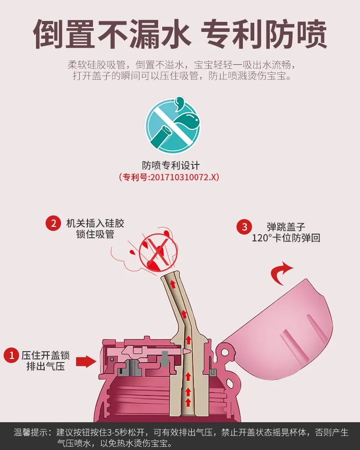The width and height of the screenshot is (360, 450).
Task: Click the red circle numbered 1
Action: click(x=11, y=355)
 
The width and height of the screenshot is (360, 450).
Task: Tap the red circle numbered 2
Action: click(x=53, y=223)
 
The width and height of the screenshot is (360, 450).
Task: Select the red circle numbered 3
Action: click(x=244, y=227)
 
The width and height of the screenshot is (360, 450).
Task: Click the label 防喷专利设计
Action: click(x=170, y=165)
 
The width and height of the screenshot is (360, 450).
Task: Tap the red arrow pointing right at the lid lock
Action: click(x=86, y=361)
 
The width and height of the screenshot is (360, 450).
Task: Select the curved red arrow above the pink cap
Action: click(x=281, y=273)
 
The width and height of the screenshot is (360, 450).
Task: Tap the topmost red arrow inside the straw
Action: click(x=173, y=284)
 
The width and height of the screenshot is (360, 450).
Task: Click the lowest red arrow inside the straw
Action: click(x=188, y=402)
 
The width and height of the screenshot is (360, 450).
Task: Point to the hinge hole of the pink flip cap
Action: click(x=225, y=352)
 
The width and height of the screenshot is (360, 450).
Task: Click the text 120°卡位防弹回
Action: click(x=286, y=238)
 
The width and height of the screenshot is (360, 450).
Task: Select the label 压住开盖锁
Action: click(x=46, y=355)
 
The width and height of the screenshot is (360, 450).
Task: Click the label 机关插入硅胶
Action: click(x=95, y=223)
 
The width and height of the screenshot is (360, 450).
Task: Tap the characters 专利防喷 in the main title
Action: click(x=264, y=34)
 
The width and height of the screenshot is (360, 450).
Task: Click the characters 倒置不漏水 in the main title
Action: click(x=112, y=34)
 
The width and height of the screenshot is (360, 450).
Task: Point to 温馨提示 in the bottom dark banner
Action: click(x=31, y=433)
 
